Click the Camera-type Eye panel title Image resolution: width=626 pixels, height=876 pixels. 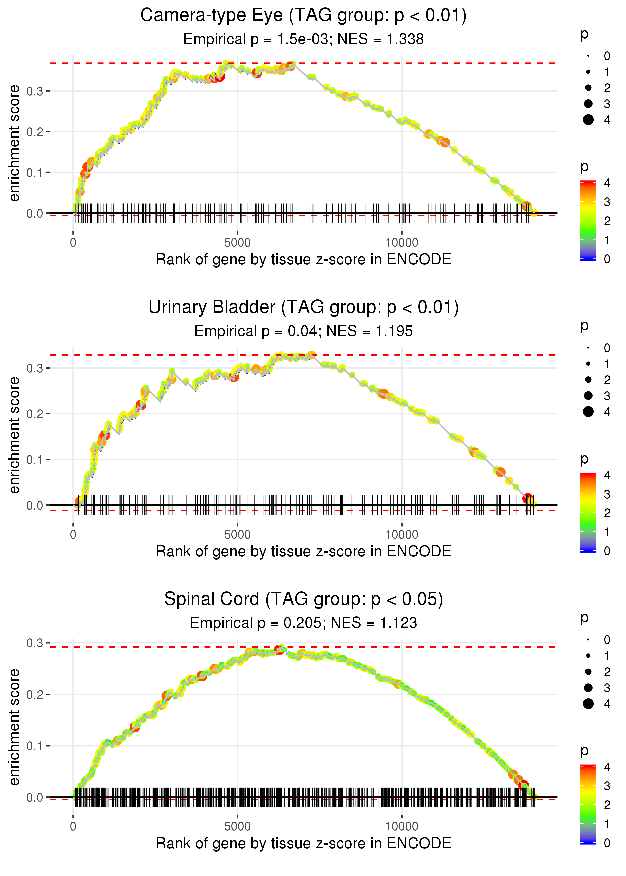[303, 16]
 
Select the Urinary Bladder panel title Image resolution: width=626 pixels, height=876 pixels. [303, 307]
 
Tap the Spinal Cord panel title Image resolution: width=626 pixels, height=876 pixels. [303, 599]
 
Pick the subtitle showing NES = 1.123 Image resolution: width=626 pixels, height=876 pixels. [303, 623]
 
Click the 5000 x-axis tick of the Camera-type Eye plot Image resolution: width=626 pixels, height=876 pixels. [237, 243]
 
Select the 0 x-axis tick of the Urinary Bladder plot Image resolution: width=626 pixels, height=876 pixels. [73, 535]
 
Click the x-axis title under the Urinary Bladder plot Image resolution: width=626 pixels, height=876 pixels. [303, 551]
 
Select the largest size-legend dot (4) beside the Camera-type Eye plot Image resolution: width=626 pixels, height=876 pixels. [588, 120]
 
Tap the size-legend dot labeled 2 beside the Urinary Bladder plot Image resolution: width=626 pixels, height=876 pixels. [588, 380]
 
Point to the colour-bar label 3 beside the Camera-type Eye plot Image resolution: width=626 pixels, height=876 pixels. [607, 202]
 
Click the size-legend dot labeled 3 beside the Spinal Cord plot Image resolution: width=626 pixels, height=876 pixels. [588, 688]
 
